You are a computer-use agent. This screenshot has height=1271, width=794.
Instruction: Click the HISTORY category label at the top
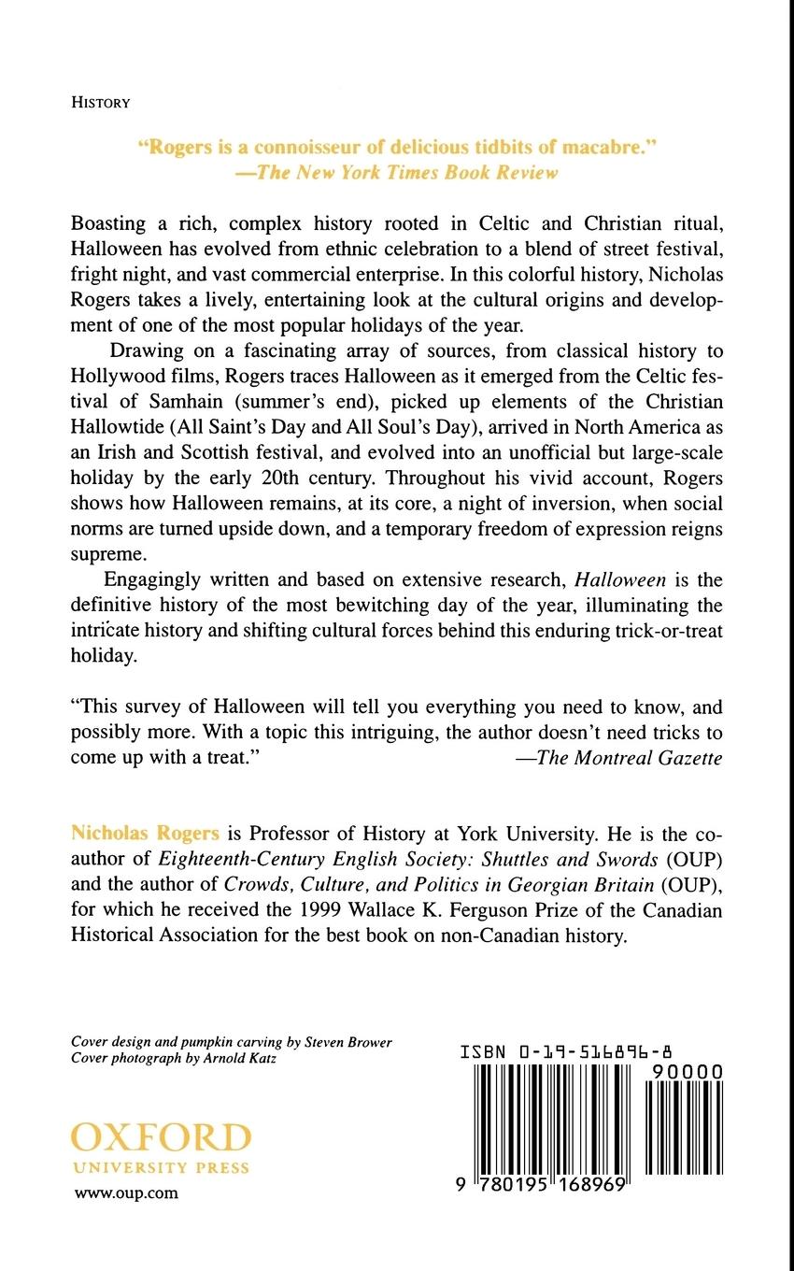click(100, 104)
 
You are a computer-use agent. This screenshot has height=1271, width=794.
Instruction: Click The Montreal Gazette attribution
click(618, 758)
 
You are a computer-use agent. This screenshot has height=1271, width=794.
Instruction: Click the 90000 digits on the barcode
click(686, 1074)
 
